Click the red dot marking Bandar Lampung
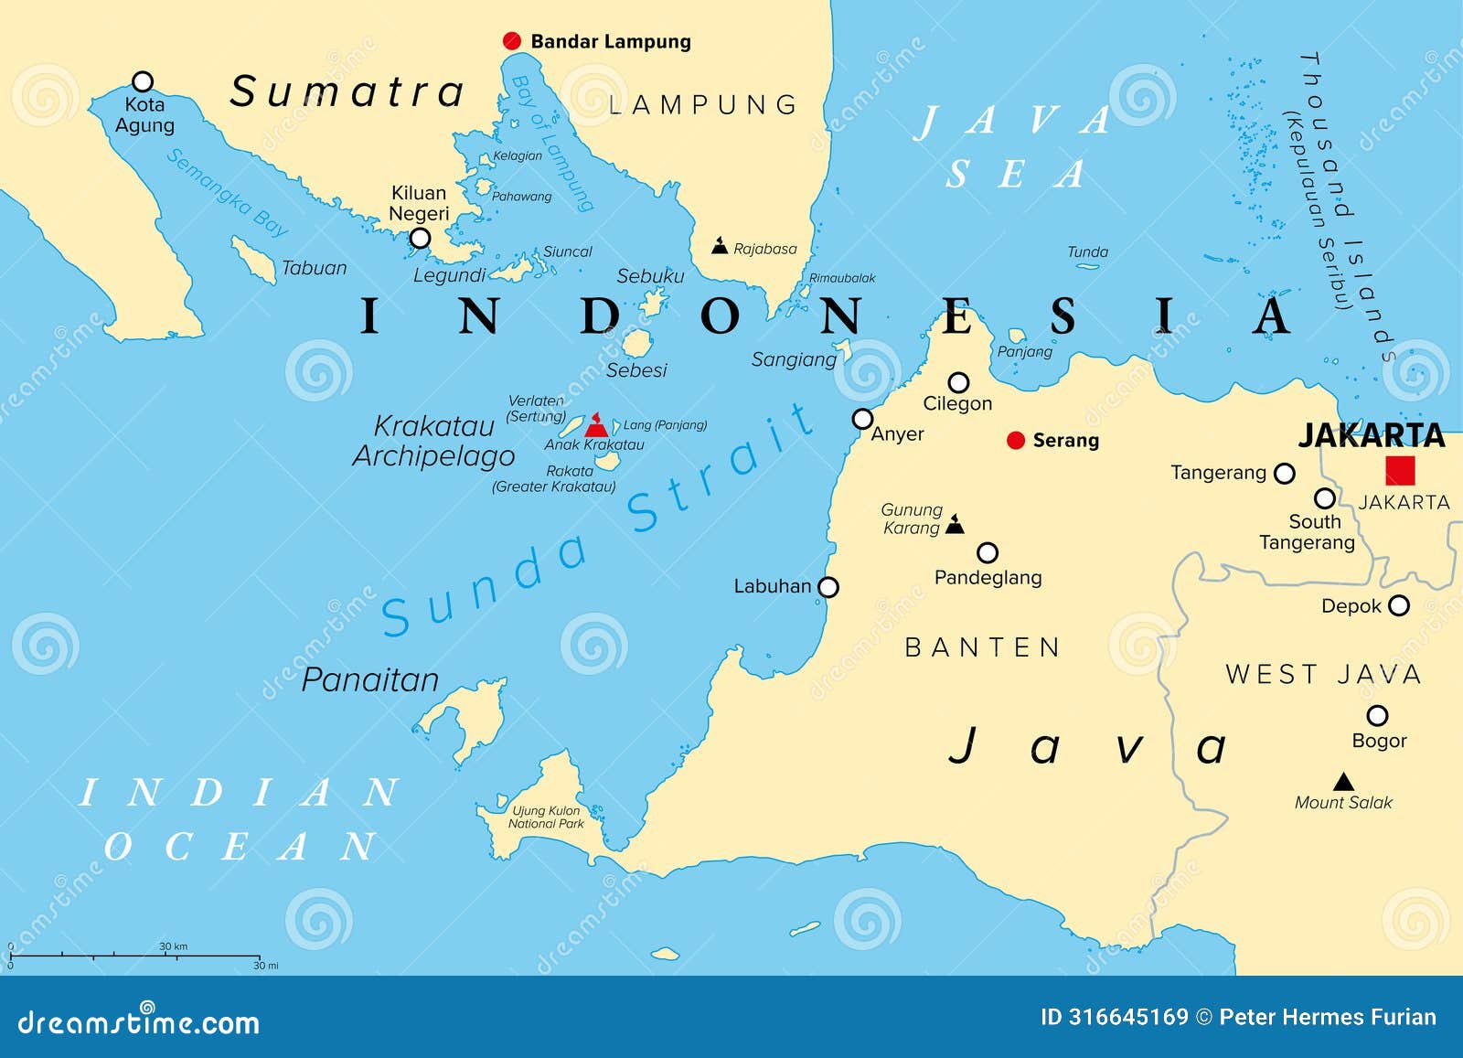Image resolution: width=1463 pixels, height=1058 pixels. click(x=512, y=41)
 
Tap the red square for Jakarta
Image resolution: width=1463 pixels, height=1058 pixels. click(x=1400, y=470)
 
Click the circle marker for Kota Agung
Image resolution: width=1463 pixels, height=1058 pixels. click(x=143, y=81)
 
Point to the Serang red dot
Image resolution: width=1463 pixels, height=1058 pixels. click(x=1015, y=441)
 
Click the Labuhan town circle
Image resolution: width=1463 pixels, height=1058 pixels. click(x=828, y=587)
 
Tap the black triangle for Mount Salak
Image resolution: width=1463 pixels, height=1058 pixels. click(x=1343, y=782)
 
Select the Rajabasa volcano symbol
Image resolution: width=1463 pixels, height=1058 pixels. click(x=721, y=246)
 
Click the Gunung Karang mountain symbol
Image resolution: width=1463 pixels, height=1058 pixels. click(x=955, y=524)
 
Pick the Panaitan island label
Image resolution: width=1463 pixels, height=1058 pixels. click(x=370, y=679)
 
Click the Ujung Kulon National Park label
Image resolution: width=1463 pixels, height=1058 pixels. click(x=546, y=817)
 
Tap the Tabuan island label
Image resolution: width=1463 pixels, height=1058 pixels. click(x=314, y=268)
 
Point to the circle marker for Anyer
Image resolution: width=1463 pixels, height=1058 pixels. click(x=862, y=419)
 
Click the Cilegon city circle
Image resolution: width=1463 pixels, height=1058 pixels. click(x=958, y=382)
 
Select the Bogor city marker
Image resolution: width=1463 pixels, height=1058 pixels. click(x=1377, y=715)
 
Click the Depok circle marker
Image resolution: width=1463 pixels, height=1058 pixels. click(x=1399, y=605)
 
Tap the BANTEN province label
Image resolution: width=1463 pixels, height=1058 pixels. click(x=982, y=647)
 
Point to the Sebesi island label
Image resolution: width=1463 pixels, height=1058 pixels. click(x=636, y=370)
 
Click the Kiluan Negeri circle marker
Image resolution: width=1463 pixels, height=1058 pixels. click(x=420, y=239)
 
